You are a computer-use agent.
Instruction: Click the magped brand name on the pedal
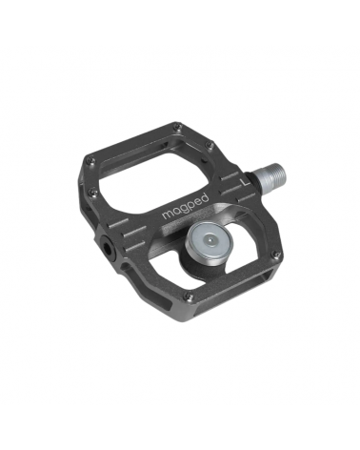[186, 207]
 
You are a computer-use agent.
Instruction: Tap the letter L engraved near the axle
[245, 181]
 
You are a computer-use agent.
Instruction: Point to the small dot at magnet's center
[209, 240]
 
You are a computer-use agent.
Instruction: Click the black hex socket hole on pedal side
[107, 247]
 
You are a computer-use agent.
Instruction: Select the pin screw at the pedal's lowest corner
[190, 297]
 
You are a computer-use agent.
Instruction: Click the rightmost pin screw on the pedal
[277, 254]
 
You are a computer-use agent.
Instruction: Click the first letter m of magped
[167, 215]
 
